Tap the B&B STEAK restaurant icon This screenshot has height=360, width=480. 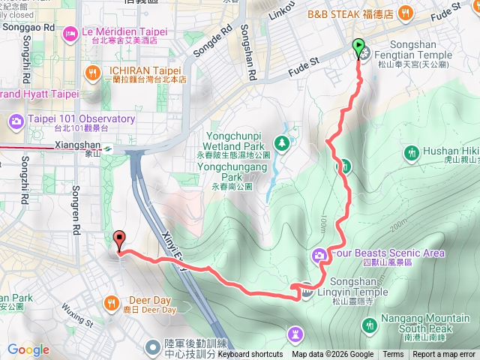pos(405,12)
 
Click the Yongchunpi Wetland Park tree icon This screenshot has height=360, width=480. pos(281,142)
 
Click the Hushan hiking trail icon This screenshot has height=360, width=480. pos(411,154)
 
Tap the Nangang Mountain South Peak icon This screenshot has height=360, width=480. pos(369,325)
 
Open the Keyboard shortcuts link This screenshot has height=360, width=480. pos(250,355)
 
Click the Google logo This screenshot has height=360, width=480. pos(28,349)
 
